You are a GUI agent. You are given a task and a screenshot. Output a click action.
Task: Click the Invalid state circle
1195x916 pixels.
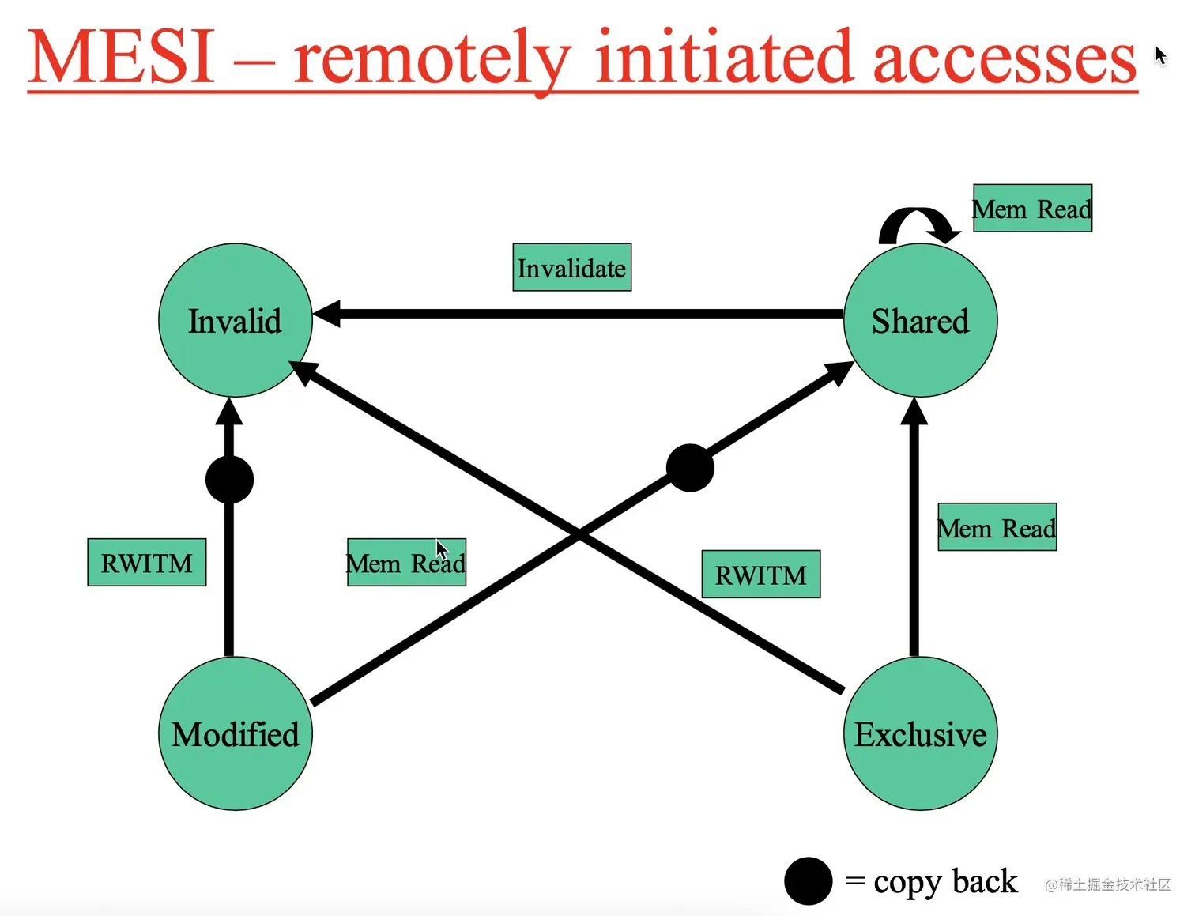(236, 320)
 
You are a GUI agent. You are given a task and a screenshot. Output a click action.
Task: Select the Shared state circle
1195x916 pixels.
(920, 320)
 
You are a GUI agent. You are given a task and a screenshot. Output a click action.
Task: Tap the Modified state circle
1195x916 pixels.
(236, 733)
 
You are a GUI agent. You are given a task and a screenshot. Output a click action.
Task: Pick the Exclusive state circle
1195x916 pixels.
(920, 733)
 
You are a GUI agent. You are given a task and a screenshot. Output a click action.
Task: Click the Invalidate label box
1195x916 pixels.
(572, 267)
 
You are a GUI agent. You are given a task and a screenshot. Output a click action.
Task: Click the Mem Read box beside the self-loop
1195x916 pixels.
(1032, 208)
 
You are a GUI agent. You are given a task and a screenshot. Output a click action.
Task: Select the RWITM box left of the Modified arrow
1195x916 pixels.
(147, 562)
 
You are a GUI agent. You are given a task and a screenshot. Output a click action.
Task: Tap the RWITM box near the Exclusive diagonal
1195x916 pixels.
(761, 574)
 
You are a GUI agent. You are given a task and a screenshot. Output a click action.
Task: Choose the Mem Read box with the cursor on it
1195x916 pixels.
(406, 562)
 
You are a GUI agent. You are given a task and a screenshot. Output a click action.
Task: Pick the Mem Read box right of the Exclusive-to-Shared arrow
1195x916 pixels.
(997, 526)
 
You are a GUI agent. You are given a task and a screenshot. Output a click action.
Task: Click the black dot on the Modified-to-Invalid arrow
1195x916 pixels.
(229, 480)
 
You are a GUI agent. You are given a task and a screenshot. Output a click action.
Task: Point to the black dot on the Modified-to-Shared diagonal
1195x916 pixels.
(690, 467)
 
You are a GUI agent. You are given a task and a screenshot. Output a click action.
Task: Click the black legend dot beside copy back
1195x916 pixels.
(808, 880)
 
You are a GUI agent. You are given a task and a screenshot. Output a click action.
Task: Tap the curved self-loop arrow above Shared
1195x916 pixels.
(918, 209)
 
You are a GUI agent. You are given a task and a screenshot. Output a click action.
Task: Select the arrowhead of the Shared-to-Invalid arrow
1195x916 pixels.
(326, 314)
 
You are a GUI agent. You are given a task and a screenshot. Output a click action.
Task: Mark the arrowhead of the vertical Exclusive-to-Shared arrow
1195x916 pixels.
(914, 411)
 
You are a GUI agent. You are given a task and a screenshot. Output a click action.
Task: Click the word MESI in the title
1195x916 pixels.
(121, 57)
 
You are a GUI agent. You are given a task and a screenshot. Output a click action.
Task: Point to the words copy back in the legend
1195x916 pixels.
(945, 882)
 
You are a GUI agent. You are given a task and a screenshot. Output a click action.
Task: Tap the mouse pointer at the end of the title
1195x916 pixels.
(1160, 55)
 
